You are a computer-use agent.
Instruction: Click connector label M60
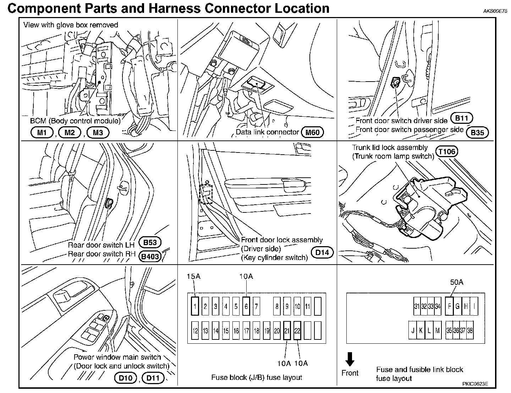[312, 133]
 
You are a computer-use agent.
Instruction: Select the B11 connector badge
[462, 119]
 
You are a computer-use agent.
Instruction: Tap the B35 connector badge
[477, 133]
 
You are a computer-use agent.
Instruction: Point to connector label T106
[447, 152]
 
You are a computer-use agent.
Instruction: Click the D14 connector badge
[322, 253]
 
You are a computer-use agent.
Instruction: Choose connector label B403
[150, 256]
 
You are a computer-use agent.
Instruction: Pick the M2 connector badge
[70, 133]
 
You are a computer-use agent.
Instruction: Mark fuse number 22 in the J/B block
[297, 331]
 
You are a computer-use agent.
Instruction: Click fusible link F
[449, 306]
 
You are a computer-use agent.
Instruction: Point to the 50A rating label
[457, 282]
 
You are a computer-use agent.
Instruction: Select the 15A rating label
[193, 276]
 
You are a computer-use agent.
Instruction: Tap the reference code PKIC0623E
[475, 384]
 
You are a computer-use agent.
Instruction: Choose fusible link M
[438, 331]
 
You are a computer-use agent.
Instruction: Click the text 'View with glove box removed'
[71, 25]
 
